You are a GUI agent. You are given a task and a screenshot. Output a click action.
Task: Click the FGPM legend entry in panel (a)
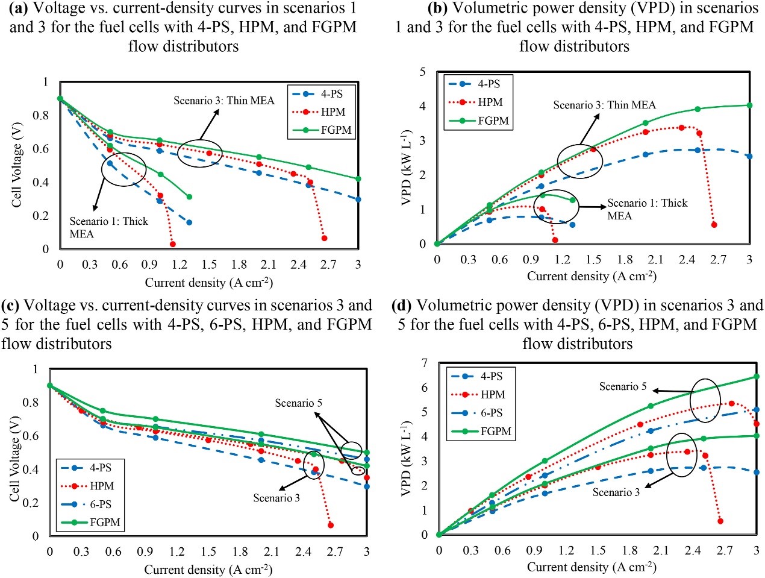[x=336, y=130]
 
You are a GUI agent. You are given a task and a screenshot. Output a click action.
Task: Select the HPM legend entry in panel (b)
[x=490, y=102]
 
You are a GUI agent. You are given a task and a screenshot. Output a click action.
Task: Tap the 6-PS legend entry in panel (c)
[x=101, y=504]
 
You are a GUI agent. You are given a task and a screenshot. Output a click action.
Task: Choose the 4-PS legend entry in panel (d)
[x=492, y=376]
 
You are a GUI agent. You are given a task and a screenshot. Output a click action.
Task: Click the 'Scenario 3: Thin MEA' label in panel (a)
[x=223, y=101]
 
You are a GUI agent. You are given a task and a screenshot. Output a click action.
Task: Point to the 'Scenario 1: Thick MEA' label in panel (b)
[x=646, y=209]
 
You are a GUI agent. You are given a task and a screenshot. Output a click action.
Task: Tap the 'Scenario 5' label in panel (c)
[x=298, y=403]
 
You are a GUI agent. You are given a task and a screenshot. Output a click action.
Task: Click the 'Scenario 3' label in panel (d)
[x=616, y=492]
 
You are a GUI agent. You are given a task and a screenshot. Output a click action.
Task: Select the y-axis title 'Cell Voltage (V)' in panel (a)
[x=17, y=165]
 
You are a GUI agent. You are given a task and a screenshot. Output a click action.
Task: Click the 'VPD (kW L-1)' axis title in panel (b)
[x=407, y=166]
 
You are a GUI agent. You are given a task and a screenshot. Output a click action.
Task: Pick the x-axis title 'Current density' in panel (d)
[x=591, y=567]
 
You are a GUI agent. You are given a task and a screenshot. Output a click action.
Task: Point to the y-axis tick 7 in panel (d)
[x=425, y=363]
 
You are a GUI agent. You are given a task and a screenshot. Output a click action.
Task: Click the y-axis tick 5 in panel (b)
[x=422, y=72]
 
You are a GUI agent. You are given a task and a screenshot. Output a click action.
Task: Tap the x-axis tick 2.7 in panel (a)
[x=328, y=265]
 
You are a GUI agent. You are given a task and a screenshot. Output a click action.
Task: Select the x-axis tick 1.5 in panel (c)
[x=208, y=551]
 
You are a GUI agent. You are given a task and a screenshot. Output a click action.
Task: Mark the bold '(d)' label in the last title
[x=402, y=306]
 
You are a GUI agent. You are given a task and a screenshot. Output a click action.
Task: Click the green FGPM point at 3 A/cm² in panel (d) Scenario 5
[x=757, y=377]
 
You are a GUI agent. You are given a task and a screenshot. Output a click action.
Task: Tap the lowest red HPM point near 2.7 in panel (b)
[x=714, y=225]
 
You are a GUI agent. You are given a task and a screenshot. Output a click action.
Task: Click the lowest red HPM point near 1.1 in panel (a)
[x=173, y=244]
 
